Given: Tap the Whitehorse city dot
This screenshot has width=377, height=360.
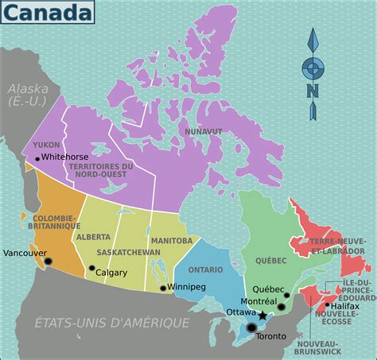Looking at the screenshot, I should (37, 159).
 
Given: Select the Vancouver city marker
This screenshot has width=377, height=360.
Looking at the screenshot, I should (48, 261).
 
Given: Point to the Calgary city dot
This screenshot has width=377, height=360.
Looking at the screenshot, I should (91, 269).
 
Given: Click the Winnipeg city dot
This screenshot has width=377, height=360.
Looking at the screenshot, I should (163, 288).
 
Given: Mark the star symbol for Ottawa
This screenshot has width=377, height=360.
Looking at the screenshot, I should (263, 315).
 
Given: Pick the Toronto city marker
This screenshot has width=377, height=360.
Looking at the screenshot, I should (252, 327).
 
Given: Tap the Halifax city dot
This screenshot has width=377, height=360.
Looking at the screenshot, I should (327, 304).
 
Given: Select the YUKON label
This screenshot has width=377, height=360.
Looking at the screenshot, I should (46, 145).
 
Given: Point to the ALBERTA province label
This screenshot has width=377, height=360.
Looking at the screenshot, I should (94, 237).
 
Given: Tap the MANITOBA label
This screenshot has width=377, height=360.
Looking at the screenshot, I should (171, 240).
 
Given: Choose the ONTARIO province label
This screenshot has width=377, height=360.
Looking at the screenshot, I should (205, 269).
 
